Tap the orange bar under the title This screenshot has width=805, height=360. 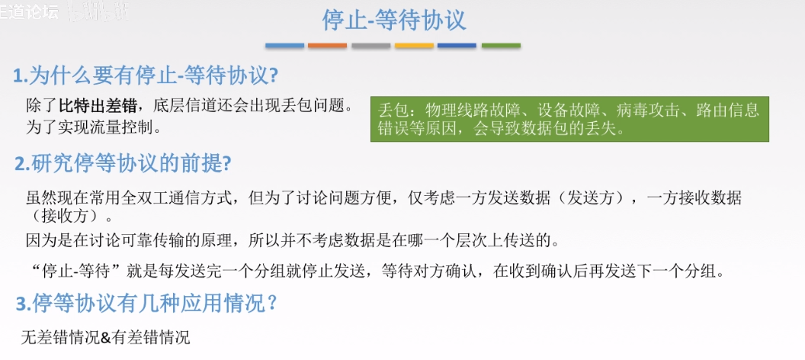point(327,46)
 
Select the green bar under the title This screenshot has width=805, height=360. point(501,46)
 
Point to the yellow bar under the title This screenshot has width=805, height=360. point(414,46)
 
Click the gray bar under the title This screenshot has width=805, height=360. point(370,46)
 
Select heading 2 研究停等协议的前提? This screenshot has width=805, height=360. point(123,163)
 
